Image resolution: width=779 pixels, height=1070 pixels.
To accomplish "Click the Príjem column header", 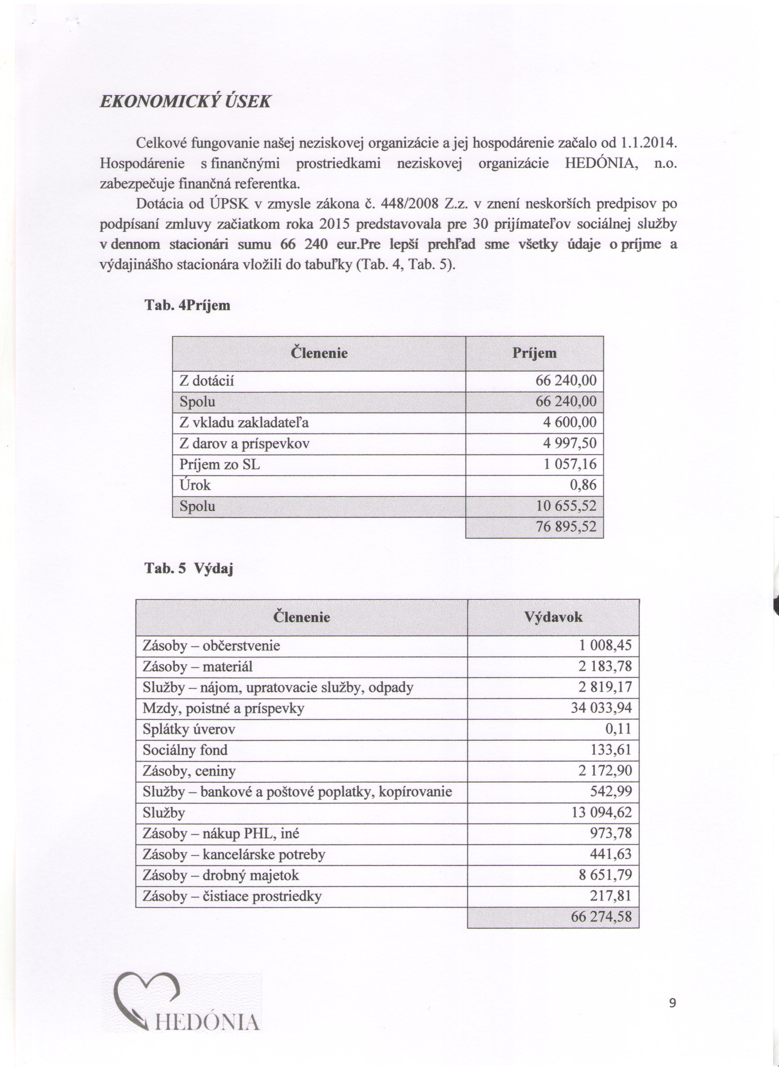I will point(534,353).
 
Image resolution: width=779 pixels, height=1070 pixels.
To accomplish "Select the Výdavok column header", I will point(553,617).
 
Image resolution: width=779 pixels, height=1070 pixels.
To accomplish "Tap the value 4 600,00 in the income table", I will point(570,422).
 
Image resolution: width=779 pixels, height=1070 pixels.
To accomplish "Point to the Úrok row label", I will point(195,485).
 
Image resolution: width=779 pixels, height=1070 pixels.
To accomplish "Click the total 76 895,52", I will point(566,527).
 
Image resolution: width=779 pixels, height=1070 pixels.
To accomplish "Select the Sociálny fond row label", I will point(185,750).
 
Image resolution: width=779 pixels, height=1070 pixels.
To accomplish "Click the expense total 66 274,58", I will point(601,916).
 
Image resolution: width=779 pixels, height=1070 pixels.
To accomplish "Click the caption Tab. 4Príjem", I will point(187,305).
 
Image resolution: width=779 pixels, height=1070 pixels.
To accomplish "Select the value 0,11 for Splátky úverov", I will point(618,729).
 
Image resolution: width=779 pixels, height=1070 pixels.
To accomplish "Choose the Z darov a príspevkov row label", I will point(244,443).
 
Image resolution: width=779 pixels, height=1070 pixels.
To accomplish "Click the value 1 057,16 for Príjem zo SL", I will point(570,464).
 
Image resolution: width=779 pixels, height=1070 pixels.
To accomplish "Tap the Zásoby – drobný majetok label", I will point(221,875).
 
